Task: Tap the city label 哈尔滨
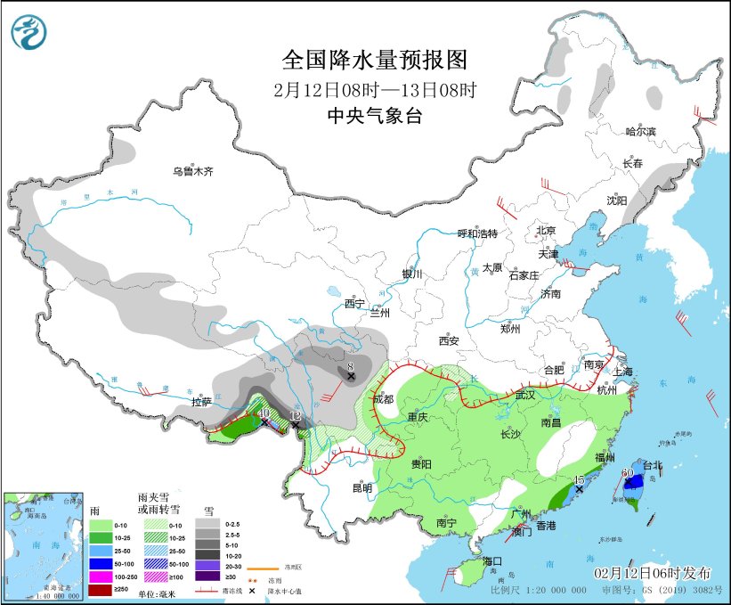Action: coord(639,131)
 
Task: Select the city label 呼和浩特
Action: coord(477,233)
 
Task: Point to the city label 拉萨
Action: coord(203,402)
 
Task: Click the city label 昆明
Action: coord(361,487)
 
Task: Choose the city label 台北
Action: coord(653,465)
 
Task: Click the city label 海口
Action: coord(493,560)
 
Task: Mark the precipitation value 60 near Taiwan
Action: coord(627,472)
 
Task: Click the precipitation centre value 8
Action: coord(351,364)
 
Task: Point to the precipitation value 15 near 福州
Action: coord(579,479)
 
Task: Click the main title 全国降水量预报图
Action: coord(374,60)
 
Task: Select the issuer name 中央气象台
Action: coord(374,115)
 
